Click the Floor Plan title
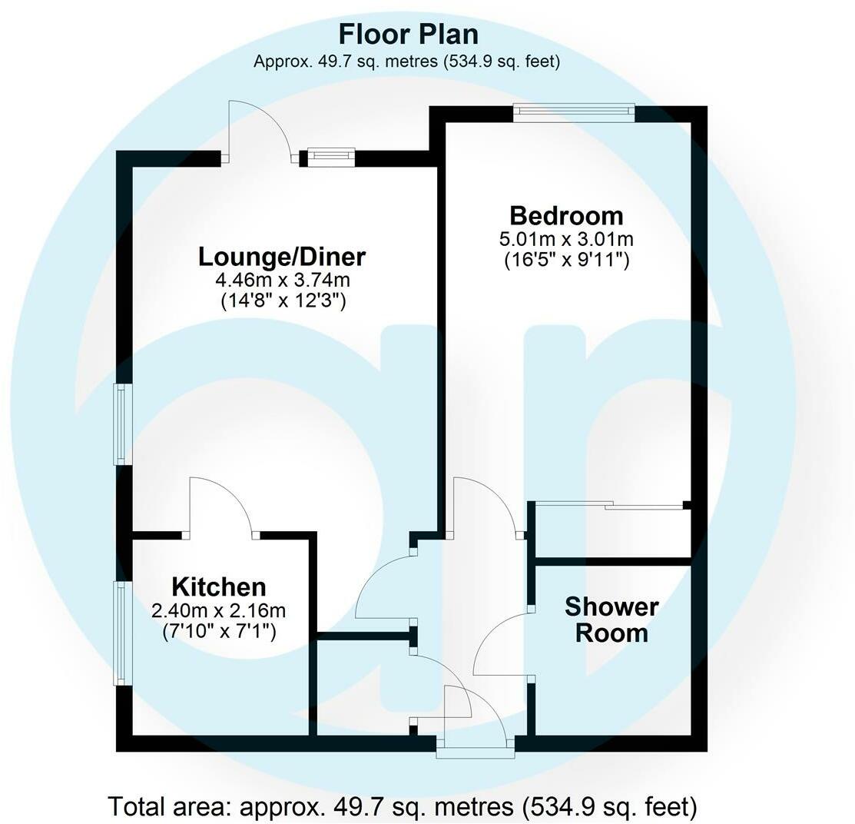pos(408,35)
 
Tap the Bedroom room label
pos(566,215)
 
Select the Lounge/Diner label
pos(282,256)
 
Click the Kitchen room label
pos(219,587)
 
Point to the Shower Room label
pos(611,620)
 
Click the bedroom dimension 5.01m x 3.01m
pos(566,239)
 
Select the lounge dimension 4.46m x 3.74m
pos(282,280)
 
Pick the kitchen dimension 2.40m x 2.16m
pos(219,612)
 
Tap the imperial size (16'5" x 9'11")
pos(566,261)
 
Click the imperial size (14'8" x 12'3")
pos(282,301)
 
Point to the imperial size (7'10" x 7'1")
pos(219,633)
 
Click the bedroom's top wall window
pos(575,113)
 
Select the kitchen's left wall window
pos(121,633)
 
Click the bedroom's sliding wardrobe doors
pos(610,505)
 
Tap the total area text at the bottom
pos(403,807)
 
